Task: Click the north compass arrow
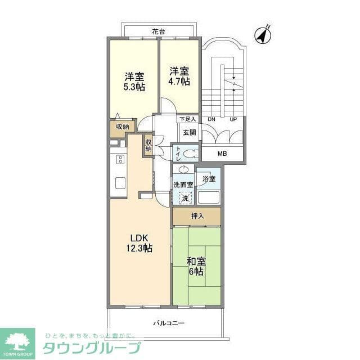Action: point(263,34)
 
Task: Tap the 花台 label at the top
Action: point(158,31)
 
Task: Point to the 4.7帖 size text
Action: point(179,81)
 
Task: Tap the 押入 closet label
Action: point(197,216)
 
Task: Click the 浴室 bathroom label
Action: point(209,179)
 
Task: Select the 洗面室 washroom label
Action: point(183,184)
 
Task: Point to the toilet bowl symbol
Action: point(190,153)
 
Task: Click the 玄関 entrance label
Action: point(189,133)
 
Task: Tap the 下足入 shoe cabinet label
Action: point(187,119)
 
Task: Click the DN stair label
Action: point(211,120)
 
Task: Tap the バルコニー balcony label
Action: point(169,323)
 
